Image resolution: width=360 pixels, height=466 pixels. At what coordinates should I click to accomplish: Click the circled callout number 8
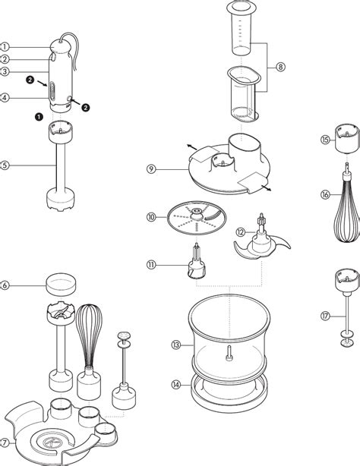click(280, 67)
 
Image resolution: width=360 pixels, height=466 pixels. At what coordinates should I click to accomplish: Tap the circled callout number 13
click(176, 345)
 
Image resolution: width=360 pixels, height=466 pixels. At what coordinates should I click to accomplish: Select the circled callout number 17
click(325, 316)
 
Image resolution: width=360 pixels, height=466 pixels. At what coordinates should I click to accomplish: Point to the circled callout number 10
click(151, 217)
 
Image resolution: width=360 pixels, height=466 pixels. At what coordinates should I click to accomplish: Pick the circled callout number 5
click(4, 165)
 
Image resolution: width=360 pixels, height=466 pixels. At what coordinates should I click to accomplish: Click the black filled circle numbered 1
click(39, 117)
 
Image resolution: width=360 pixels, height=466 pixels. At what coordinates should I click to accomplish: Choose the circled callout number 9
click(151, 169)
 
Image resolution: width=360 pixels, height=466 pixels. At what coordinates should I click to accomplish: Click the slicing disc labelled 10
click(197, 218)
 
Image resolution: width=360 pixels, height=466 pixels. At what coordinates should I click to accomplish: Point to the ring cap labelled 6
click(61, 285)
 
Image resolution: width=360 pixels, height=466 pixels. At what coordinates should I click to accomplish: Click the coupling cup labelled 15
click(347, 138)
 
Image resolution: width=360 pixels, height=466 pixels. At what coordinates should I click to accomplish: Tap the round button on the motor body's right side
click(69, 99)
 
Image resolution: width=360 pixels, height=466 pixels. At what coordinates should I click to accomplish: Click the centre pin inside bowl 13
click(229, 354)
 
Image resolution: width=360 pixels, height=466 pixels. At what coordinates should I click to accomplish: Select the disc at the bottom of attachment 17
click(347, 342)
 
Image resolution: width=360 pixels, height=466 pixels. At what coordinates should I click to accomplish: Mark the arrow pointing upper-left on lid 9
click(192, 147)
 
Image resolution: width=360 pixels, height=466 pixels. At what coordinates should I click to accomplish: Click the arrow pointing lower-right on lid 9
click(266, 187)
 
